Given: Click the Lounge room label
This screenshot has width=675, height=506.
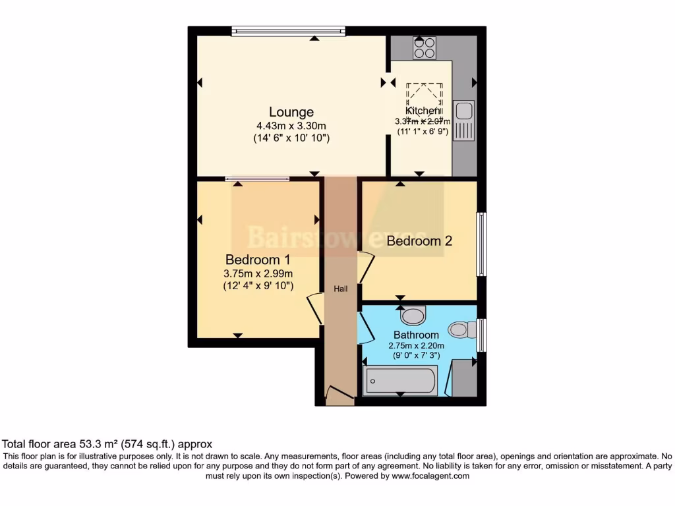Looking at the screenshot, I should (x=291, y=112).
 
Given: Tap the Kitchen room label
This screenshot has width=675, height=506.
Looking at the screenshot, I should (x=423, y=111).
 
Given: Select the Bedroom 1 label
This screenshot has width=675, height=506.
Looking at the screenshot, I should (x=258, y=259).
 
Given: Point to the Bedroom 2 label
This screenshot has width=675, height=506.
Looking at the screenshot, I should (x=419, y=241).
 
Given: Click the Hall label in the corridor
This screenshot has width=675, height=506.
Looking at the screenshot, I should (x=340, y=289).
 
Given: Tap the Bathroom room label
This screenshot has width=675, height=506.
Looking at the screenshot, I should (x=416, y=335).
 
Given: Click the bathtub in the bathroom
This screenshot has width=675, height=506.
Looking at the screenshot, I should (x=401, y=381).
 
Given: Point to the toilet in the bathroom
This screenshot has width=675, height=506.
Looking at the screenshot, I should (x=462, y=327).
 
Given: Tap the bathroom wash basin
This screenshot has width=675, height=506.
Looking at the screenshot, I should (x=414, y=316).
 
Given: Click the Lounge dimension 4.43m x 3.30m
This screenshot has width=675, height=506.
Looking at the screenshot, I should (x=291, y=126).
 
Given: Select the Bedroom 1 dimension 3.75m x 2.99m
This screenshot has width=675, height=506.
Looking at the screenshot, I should (x=258, y=273).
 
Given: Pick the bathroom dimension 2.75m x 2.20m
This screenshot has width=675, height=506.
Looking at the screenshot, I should (x=416, y=346).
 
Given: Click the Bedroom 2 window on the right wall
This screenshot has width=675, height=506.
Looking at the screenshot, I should (x=483, y=244).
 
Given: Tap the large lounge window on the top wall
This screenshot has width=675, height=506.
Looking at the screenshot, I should (x=288, y=30).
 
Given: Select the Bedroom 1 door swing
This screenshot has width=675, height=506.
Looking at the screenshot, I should (x=315, y=309).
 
